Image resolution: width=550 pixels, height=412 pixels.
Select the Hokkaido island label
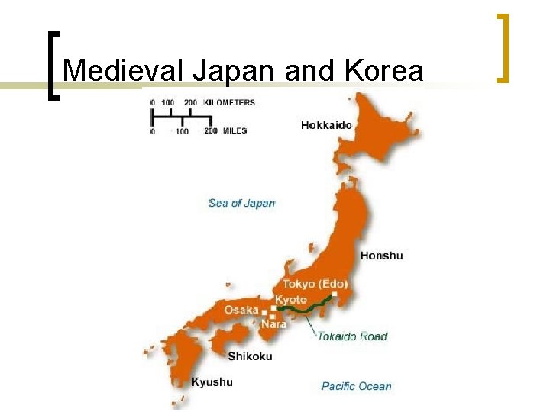[x=327, y=124]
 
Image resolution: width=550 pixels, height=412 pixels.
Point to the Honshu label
[x=381, y=256]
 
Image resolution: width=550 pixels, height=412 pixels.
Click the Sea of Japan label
[x=241, y=203]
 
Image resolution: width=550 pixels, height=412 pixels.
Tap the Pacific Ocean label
[x=356, y=386]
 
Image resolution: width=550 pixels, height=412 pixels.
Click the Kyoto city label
[x=290, y=300]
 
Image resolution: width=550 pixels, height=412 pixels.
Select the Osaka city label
[x=241, y=310]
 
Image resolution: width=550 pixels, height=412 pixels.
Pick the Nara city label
[x=273, y=324]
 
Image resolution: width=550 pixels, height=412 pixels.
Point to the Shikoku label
[x=250, y=356]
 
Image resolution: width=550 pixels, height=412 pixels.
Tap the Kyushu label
[x=212, y=381]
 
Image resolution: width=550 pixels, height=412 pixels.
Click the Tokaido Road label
[x=352, y=336]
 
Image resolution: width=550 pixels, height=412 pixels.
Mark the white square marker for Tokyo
[x=335, y=295]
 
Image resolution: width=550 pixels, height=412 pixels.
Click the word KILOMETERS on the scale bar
[x=229, y=102]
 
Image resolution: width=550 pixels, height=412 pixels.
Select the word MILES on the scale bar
[x=235, y=130]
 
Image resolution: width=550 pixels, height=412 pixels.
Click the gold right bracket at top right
[x=502, y=47]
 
